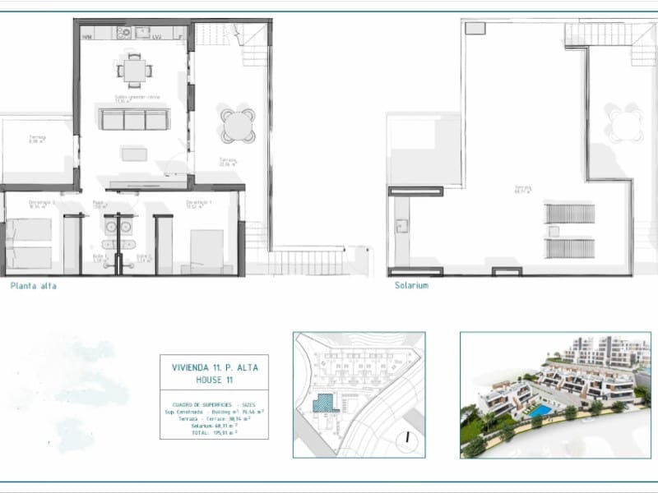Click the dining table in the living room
[x=135, y=71]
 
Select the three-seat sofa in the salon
[x=134, y=119]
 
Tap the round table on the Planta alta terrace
[x=238, y=126]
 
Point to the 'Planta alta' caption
[x=33, y=286]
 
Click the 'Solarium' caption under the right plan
[x=410, y=286]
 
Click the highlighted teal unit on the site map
[x=325, y=403]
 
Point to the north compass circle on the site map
[x=405, y=439]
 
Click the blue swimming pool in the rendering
[x=540, y=410]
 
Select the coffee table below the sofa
[x=134, y=154]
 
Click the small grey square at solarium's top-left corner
[x=475, y=28]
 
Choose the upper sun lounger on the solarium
[x=569, y=214]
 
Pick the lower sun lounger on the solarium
[x=569, y=248]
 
